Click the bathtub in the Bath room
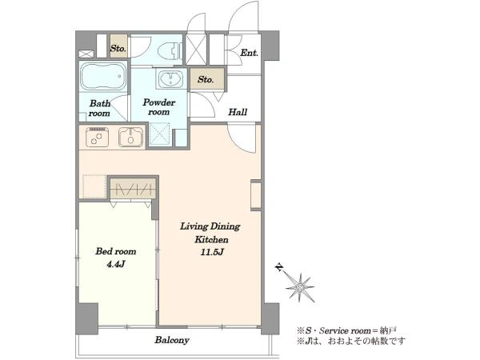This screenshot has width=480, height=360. tap(103, 76)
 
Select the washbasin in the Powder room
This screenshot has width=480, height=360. tap(171, 78)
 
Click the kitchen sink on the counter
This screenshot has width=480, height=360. tap(130, 137)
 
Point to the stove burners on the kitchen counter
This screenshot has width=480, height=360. tap(97, 137)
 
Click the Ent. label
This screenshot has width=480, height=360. tap(249, 53)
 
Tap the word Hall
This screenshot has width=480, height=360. tap(238, 112)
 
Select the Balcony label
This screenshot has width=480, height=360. tap(172, 340)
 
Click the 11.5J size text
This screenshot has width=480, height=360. tap(211, 252)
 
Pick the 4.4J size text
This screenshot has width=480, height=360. tap(116, 264)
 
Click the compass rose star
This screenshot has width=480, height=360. tap(300, 287)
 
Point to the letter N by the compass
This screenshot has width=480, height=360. tap(279, 267)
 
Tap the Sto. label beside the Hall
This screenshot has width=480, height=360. tap(206, 79)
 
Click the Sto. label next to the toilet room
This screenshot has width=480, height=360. tap(118, 48)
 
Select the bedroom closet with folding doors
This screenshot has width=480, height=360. tap(133, 188)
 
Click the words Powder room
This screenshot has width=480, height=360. tap(159, 107)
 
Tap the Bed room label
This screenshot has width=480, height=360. tap(116, 251)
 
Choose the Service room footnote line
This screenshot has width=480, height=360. tap(346, 330)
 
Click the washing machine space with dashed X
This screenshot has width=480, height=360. tap(159, 134)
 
